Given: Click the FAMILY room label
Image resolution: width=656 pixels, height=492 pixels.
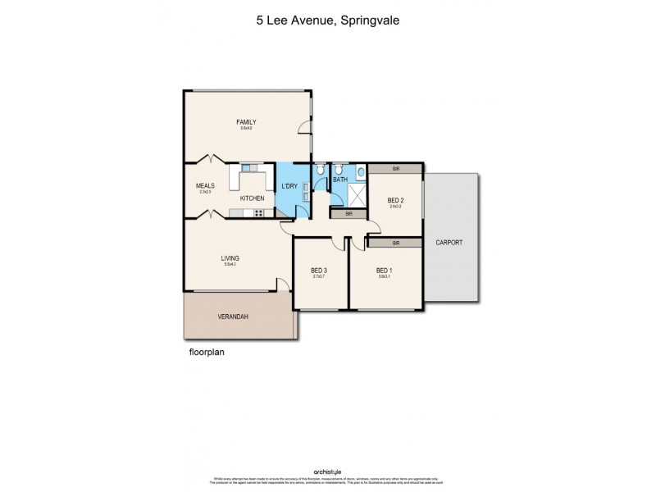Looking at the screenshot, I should point(247,122).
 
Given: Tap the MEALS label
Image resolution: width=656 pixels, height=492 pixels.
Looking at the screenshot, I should point(204,185).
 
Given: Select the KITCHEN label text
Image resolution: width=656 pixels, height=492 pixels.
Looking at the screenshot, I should point(252,198).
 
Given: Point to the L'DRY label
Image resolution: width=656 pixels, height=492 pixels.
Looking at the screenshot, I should point(289,185).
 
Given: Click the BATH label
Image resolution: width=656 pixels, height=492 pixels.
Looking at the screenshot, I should point(340,180).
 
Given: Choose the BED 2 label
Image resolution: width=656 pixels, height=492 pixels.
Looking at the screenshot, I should point(395,200).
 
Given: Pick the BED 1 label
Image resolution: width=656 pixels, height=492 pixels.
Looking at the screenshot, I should point(385,270).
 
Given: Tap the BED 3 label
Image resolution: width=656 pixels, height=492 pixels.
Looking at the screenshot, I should point(319,270).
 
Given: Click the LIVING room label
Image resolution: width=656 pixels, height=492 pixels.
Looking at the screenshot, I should point(230,258).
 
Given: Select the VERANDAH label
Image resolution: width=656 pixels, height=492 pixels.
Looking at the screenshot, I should point(210,317).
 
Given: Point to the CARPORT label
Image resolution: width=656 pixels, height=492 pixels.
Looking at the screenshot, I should point(450,243).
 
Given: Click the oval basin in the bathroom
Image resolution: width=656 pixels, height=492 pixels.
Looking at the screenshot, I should point(360,173).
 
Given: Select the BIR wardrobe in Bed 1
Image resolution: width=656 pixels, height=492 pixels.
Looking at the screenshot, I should point(395,243).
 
